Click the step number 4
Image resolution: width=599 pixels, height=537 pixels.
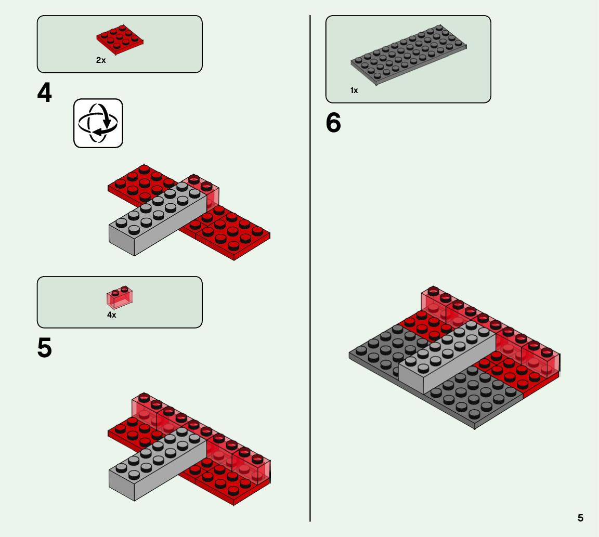44,93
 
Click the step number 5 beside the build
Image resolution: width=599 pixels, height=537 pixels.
44,348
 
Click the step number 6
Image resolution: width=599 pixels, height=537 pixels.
333,123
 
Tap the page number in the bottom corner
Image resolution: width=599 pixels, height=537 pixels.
580,518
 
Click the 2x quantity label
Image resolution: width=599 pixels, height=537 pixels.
101,60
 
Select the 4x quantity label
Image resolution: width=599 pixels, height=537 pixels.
112,315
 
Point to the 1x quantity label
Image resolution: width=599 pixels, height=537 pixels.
354,90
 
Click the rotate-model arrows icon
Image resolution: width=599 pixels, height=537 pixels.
98,123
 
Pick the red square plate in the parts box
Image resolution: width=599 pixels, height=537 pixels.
120,40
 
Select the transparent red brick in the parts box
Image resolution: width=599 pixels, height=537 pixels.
120,297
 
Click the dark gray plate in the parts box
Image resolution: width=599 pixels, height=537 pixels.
408,55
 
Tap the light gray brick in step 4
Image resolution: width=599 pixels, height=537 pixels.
158,219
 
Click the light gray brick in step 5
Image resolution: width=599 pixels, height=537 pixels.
158,464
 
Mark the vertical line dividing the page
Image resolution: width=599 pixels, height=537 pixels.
310,268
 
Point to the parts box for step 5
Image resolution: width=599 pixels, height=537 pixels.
120,302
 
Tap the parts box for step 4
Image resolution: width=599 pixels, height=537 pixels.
120,44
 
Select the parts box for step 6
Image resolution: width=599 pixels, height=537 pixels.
408,59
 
